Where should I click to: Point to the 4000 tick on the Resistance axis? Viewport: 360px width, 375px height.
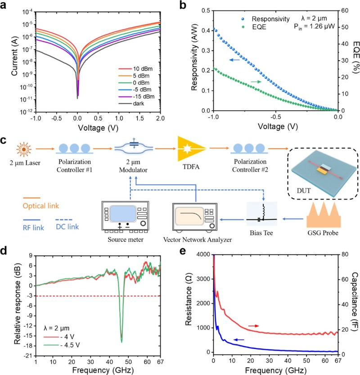[201, 254]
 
